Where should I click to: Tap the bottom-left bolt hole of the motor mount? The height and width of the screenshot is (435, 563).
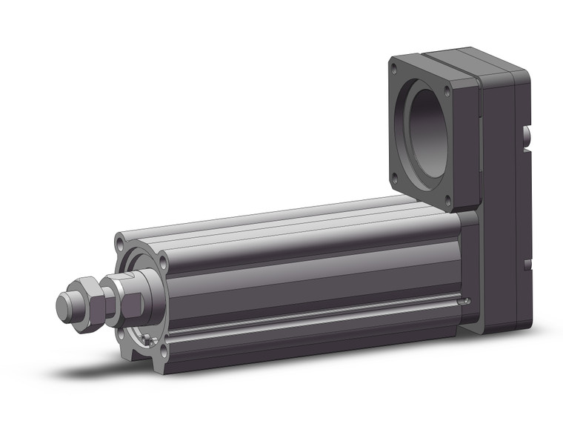pos(394,176)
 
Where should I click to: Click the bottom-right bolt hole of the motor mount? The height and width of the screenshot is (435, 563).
pos(447,198)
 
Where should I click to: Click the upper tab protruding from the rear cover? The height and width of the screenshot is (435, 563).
pos(527,137)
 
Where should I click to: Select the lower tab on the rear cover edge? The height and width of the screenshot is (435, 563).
pos(527,264)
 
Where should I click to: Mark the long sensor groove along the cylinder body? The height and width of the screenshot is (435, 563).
pos(311,317)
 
